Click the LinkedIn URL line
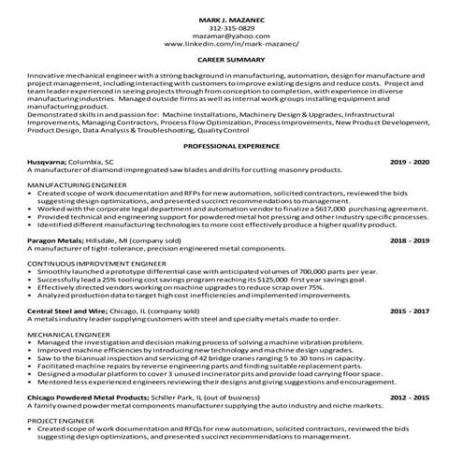233,44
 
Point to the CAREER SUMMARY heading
233,58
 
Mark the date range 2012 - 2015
411,397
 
